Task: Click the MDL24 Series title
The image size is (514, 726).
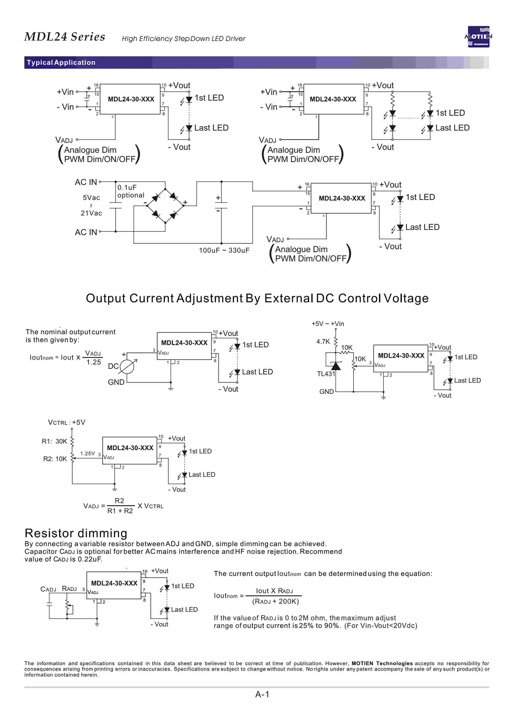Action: [x=65, y=37]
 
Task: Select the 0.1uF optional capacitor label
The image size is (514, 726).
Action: [x=130, y=191]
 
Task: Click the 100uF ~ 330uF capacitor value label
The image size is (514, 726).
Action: [x=224, y=250]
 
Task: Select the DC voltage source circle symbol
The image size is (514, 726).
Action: [x=127, y=367]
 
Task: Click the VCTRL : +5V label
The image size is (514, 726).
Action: [x=66, y=422]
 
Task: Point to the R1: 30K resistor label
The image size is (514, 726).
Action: [x=54, y=441]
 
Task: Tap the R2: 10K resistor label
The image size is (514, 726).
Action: [x=55, y=459]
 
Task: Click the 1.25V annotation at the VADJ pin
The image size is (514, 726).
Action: [x=87, y=454]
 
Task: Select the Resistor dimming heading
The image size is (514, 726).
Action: [x=76, y=533]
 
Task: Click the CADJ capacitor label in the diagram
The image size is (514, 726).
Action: [x=48, y=589]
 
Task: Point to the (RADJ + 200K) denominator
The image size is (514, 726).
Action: [x=275, y=601]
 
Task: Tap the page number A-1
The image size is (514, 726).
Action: [x=262, y=694]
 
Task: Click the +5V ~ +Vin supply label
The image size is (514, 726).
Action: [x=327, y=324]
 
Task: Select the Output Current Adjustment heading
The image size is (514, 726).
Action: [x=257, y=298]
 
